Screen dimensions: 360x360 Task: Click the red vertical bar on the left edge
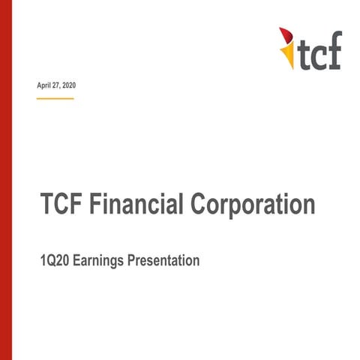(x=5, y=180)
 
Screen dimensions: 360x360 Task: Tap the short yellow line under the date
(x=55, y=98)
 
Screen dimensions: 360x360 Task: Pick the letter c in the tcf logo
(x=318, y=56)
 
